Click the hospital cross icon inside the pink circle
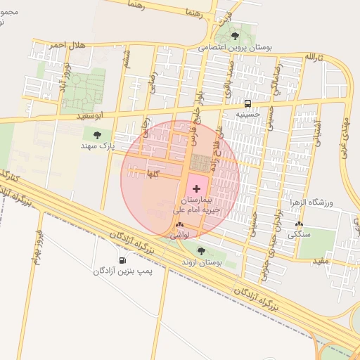click(x=195, y=188)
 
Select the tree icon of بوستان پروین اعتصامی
click(x=235, y=35)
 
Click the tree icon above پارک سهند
click(x=97, y=134)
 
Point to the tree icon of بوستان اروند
click(x=201, y=250)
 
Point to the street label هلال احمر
click(x=66, y=45)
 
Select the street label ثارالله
click(x=312, y=56)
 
